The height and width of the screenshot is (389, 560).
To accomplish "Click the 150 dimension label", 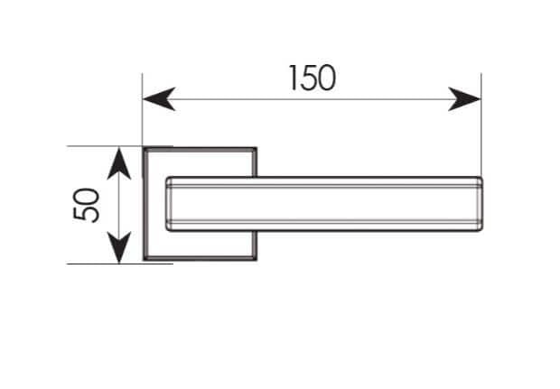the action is [313, 78].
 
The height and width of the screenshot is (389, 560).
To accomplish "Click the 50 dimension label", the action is [86, 205].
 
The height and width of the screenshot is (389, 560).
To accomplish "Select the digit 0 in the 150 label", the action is [326, 79].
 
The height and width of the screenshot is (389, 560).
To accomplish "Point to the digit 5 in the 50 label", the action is [86, 214].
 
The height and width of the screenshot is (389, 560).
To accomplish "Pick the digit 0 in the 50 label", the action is [86, 196].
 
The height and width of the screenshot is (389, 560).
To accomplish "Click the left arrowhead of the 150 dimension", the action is [159, 99].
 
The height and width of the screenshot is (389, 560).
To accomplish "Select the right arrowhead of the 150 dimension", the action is [464, 99].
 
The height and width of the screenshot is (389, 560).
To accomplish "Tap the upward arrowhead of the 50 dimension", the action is [119, 163].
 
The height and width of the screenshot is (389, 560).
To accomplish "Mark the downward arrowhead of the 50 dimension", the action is [119, 247].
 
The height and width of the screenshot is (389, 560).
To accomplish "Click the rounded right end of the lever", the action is [481, 204].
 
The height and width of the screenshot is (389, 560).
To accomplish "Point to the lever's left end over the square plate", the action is [167, 204].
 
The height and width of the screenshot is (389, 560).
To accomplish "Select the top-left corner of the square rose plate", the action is [144, 148].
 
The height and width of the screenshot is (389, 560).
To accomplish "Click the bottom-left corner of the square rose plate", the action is [144, 259].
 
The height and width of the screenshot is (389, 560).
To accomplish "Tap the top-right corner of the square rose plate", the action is [257, 148].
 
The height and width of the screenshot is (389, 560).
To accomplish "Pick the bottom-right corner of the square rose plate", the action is [257, 259].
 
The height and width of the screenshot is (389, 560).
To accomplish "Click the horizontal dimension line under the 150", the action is [312, 99].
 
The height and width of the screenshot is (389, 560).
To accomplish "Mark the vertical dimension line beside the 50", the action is [119, 206].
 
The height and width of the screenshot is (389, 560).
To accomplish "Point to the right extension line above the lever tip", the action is [481, 125].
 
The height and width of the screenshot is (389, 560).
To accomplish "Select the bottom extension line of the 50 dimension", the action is [120, 264].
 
